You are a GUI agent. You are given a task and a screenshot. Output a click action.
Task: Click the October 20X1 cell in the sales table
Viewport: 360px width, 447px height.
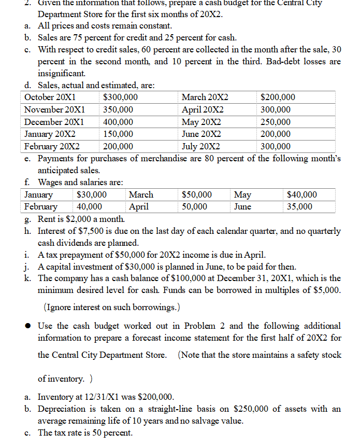click(50, 97)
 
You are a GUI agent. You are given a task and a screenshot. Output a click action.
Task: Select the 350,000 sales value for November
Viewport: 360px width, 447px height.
click(118, 110)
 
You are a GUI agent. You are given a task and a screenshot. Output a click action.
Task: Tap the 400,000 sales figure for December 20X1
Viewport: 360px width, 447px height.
click(118, 122)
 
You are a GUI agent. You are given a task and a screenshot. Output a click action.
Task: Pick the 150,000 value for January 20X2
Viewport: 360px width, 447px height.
click(118, 134)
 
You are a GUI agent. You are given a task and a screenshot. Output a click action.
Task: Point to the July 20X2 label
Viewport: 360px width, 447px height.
click(201, 146)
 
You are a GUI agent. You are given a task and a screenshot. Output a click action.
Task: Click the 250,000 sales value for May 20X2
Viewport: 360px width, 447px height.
click(276, 122)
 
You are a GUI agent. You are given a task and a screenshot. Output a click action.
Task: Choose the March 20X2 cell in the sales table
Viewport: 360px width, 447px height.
click(205, 97)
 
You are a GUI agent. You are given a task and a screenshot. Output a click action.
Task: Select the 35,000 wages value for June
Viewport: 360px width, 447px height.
click(300, 206)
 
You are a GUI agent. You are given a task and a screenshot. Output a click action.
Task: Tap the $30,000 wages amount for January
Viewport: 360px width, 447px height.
click(92, 194)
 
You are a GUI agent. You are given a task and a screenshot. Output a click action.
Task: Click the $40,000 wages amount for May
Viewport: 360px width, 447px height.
click(302, 194)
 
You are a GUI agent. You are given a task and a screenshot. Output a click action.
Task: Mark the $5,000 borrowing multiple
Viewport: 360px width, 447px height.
click(326, 290)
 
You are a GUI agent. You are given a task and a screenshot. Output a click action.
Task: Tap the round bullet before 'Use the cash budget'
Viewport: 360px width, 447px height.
click(30, 326)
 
